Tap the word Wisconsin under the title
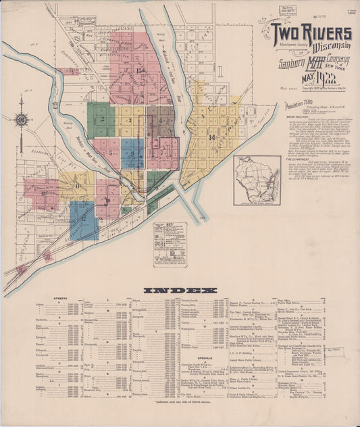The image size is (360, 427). [328, 45]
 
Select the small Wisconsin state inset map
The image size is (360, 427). [257, 180]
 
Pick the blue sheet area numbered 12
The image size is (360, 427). [83, 220]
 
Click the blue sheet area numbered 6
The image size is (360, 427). [132, 154]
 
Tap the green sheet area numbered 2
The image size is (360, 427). [100, 120]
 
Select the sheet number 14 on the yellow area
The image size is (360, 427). [212, 137]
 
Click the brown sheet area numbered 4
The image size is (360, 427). [160, 122]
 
